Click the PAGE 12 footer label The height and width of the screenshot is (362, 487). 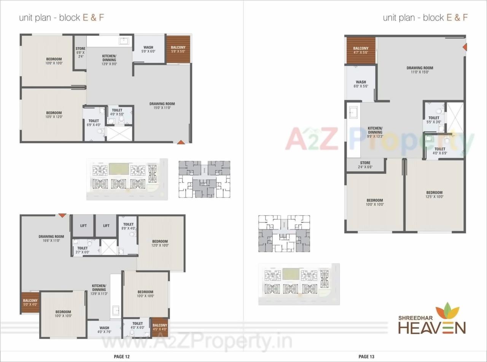point(122,356)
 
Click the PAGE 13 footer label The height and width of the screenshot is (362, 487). point(366,356)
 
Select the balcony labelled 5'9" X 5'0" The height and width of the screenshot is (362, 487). point(178,49)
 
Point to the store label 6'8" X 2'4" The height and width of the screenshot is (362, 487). point(80,52)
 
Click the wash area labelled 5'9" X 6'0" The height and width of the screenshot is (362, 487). point(148,49)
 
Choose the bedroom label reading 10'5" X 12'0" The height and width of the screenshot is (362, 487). point(54,115)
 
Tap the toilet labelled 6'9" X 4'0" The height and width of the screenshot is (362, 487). point(94,123)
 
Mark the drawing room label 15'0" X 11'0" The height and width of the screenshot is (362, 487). point(162,106)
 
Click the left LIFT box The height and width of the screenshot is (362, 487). point(83,226)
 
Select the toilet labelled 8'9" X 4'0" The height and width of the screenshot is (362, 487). point(128,226)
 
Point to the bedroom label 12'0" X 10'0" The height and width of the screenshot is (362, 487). point(160,243)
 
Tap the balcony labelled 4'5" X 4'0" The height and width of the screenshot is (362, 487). point(160,327)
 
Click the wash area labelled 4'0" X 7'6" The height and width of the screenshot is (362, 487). point(104,330)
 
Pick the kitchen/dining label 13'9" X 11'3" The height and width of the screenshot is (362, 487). point(99,289)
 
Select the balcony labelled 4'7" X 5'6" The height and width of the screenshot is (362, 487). point(361,50)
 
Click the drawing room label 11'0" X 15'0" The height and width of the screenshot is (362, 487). point(420,70)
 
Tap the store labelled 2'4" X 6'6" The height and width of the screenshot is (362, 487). point(365,165)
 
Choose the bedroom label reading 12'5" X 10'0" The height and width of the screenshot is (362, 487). point(434,194)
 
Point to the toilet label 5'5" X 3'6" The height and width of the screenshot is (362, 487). point(434,120)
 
